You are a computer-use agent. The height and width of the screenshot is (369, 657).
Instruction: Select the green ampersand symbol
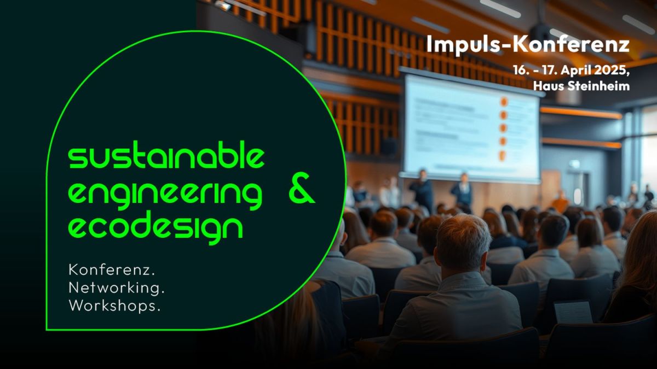[x=301, y=188]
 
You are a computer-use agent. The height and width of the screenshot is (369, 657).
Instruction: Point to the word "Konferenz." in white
[x=112, y=270]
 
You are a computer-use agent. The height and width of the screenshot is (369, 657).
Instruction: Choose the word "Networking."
[x=117, y=288]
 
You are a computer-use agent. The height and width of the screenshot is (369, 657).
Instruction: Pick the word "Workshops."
[x=114, y=306]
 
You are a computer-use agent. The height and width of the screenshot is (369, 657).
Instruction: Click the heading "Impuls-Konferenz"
[x=528, y=45]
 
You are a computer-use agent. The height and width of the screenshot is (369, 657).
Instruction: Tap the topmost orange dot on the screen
[x=504, y=102]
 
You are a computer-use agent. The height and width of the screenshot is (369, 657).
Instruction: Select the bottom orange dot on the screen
[x=503, y=155]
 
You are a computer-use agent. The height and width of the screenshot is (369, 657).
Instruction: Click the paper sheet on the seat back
[x=573, y=313]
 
